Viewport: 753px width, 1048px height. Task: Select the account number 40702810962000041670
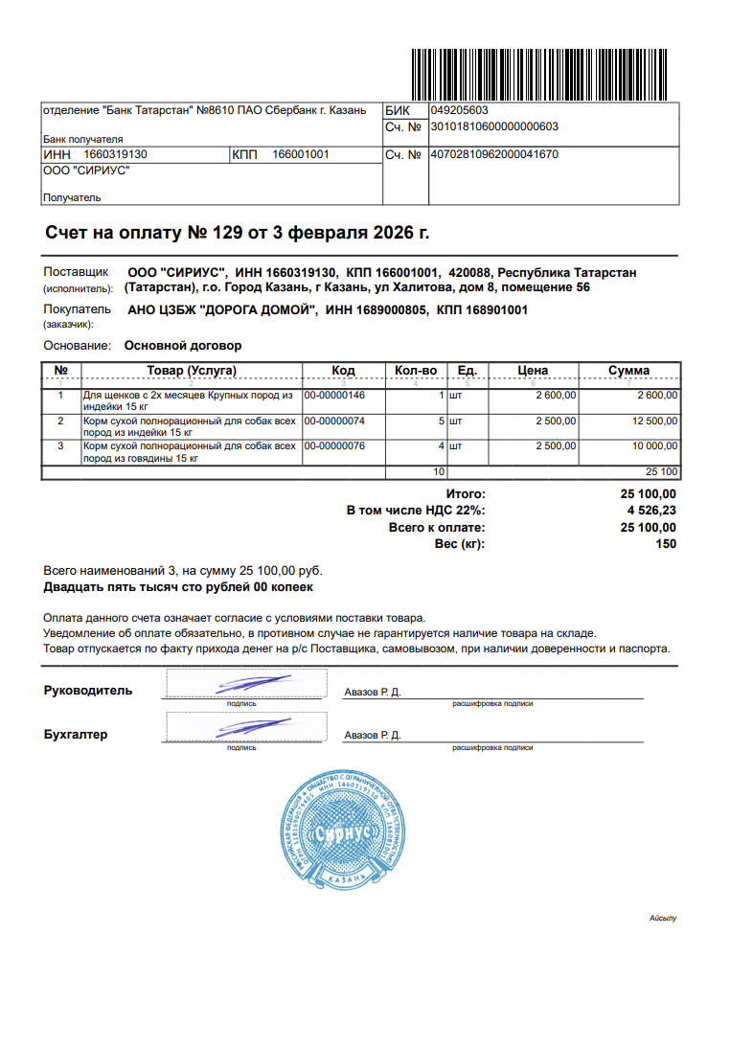494,154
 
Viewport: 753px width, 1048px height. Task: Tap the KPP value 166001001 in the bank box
301,154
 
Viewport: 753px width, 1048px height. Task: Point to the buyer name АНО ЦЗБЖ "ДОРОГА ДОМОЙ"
222,310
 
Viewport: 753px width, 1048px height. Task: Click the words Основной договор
183,346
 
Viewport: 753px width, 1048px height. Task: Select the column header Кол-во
416,371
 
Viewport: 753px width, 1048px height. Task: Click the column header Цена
533,371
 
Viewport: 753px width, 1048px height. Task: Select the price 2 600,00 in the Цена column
555,395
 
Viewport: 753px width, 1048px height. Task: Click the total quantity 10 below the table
439,472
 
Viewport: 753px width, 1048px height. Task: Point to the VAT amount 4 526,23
651,511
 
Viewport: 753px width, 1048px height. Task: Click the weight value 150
666,544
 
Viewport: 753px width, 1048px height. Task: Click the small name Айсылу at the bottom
663,919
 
